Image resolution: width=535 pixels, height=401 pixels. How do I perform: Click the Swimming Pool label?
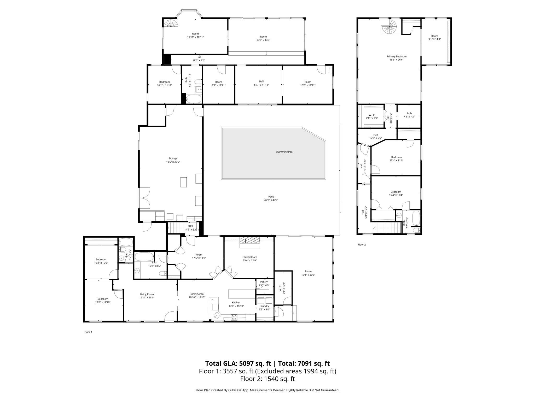284,152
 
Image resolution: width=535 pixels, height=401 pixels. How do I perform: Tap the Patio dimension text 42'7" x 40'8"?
271,200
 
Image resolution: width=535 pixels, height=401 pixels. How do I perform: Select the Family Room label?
250,257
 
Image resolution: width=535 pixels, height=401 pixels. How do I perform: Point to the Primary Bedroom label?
396,56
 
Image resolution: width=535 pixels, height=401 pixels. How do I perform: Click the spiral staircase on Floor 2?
389,27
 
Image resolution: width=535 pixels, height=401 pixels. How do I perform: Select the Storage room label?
173,158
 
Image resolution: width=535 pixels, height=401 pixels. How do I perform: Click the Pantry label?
264,282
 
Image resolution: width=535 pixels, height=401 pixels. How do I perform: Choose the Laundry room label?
264,306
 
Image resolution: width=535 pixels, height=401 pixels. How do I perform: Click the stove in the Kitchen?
234,317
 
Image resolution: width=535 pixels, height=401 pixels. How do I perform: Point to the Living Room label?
147,294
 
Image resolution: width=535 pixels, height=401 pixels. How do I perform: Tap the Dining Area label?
197,294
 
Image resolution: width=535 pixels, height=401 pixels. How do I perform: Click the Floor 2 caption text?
362,245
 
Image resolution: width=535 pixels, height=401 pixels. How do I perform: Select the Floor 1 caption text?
88,332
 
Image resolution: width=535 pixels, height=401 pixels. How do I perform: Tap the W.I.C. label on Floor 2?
372,115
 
